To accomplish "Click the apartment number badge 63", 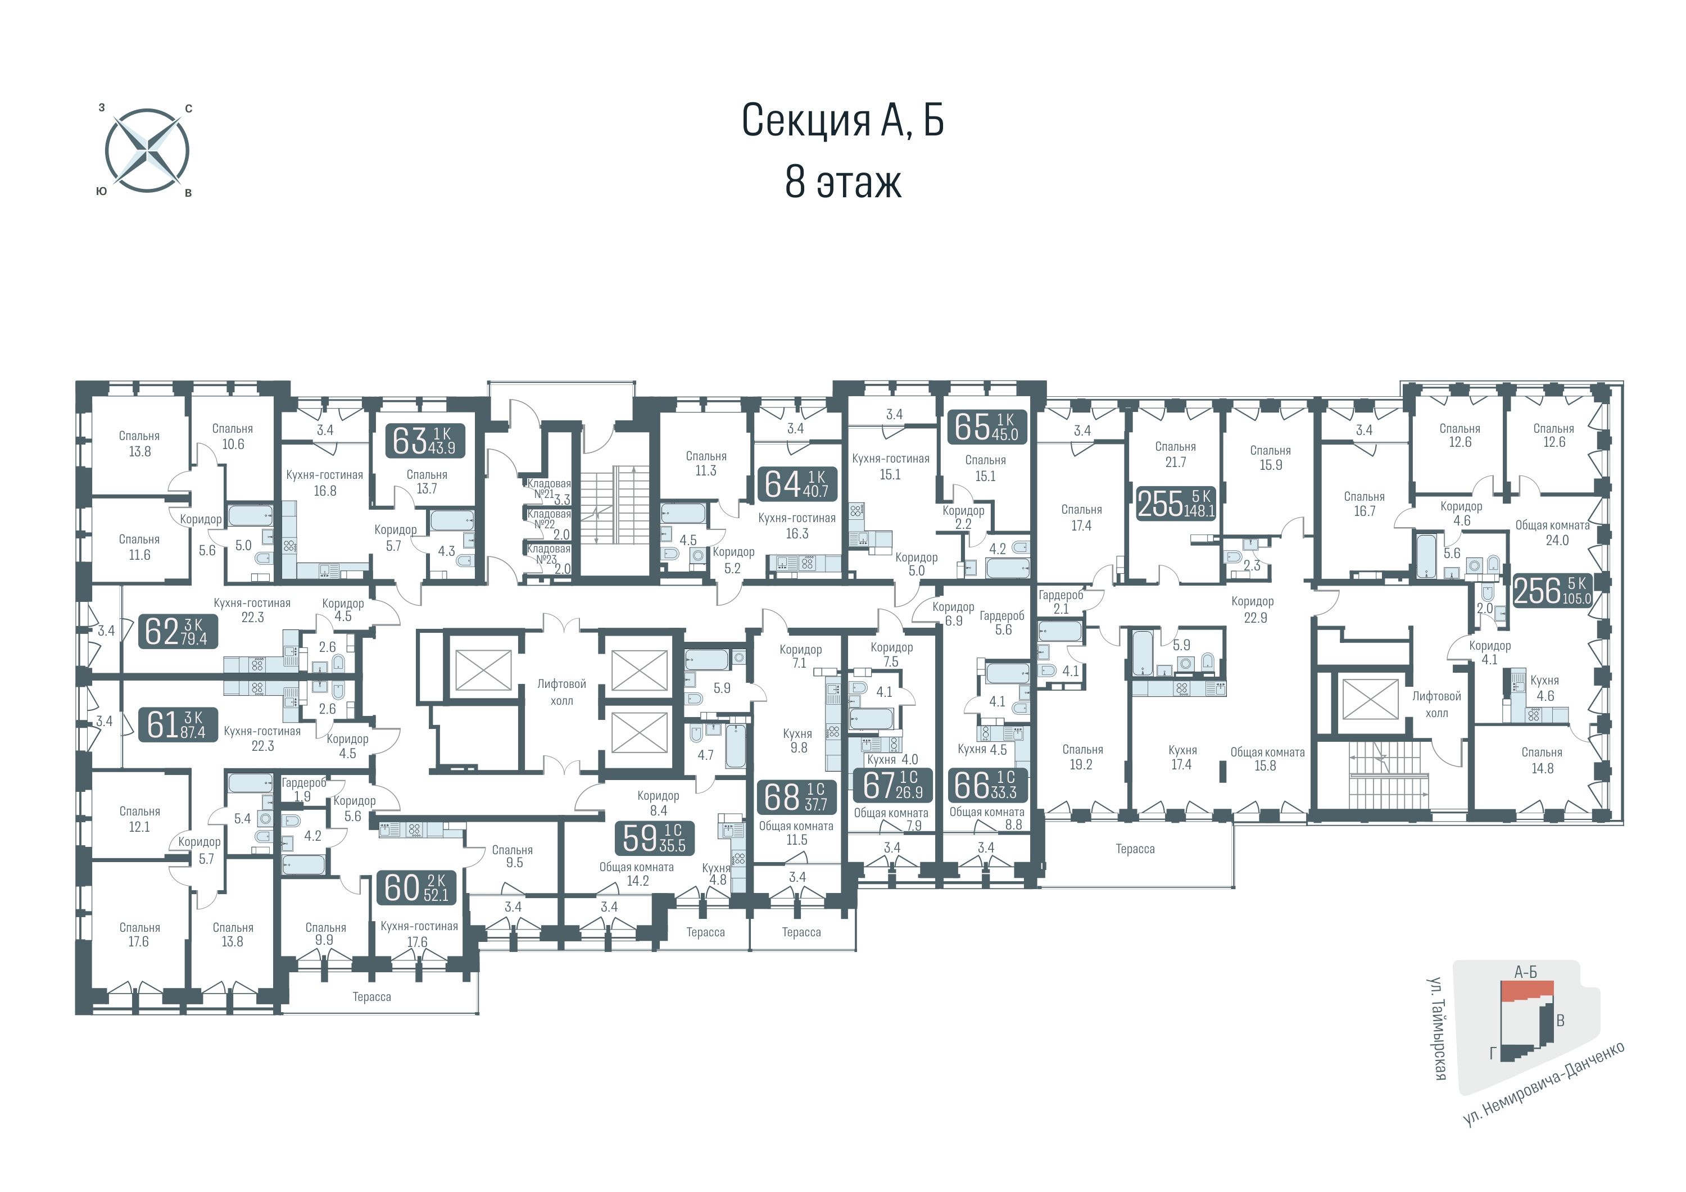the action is pos(425,441).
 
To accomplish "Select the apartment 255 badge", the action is pos(1176,503).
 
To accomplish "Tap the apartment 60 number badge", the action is pos(416,887).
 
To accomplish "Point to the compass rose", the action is pos(147,151).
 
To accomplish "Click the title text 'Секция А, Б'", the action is pos(842,120).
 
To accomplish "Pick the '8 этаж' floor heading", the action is pos(843,182).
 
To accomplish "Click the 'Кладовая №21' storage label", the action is pos(549,488).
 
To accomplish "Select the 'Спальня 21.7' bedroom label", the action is pos(1175,455).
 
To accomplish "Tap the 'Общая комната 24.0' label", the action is pos(1552,532).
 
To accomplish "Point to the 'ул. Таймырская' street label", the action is pos(1439,1028).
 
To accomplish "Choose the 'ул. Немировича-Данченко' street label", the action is pos(1544,1084).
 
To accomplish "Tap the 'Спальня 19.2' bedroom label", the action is pos(1082,757).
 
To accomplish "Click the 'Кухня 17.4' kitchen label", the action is pos(1181,757).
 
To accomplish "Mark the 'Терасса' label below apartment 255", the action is pos(1135,849).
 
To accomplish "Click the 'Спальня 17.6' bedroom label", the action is pos(139,934).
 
